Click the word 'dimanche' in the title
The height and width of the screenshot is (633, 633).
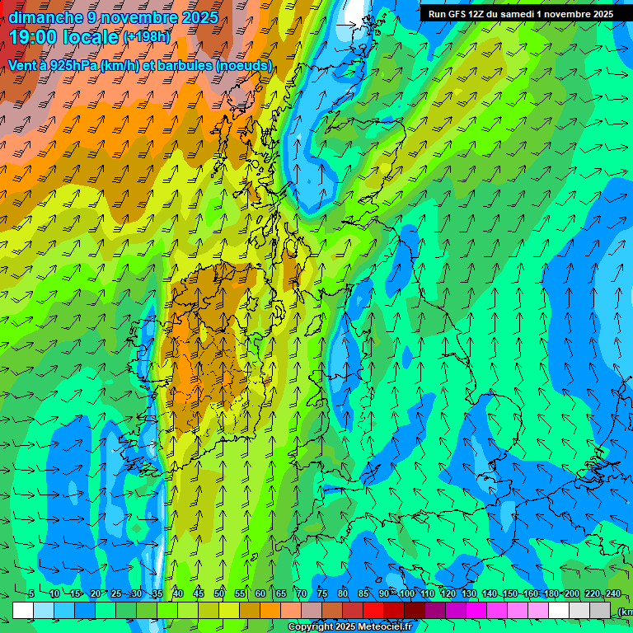coord(45,16)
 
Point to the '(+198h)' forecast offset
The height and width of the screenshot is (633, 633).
coord(147,37)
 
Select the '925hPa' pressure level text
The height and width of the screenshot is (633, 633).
coord(72,65)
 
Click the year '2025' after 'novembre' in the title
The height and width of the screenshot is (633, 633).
coord(199,16)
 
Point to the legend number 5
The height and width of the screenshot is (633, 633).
coord(31,593)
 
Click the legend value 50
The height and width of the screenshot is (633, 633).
coord(219,593)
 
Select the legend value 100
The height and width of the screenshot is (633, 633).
coord(407,593)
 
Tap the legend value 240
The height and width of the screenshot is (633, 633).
coord(613,593)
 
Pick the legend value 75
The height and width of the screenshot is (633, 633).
coord(322,593)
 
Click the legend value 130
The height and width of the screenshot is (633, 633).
coord(469,593)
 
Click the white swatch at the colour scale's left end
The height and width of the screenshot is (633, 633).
coord(23,610)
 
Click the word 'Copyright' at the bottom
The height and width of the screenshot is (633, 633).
coord(309,627)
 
